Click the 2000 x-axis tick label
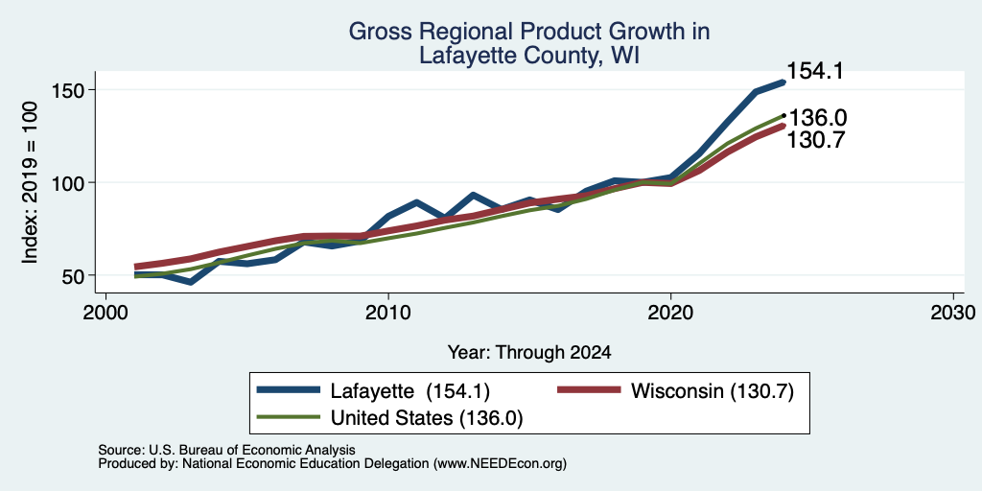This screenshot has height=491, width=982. [x=105, y=313]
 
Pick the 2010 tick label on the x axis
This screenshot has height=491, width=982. [x=388, y=313]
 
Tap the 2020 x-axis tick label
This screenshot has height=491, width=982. [x=670, y=313]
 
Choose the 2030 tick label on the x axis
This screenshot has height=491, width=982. [x=953, y=313]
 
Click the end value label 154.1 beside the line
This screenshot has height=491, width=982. [x=814, y=71]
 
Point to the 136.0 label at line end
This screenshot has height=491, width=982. [x=817, y=118]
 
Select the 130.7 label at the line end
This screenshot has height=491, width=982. [x=815, y=140]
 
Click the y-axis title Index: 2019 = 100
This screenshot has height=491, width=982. [x=30, y=183]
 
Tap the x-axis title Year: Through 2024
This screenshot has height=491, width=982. [x=529, y=353]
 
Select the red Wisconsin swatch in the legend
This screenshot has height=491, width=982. [x=590, y=391]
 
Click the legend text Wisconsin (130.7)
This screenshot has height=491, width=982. [x=713, y=391]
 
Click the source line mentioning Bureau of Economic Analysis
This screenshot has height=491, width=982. [x=226, y=450]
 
